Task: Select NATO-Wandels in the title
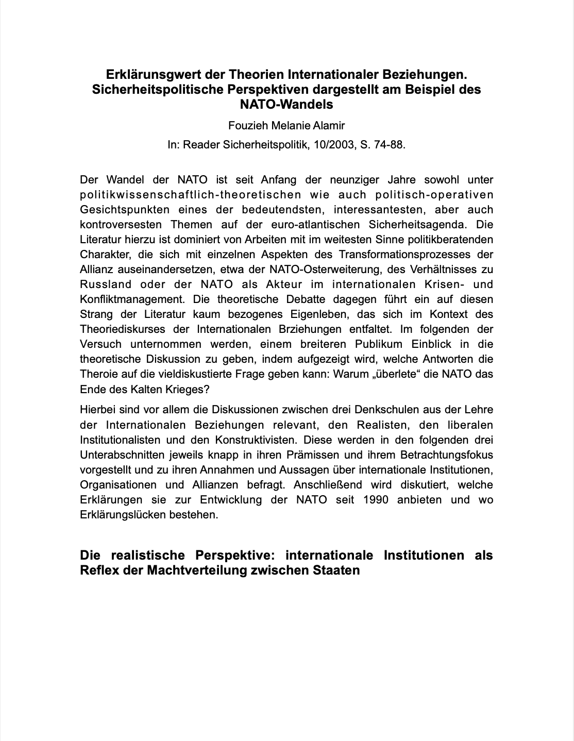(x=287, y=104)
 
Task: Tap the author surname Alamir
(x=329, y=125)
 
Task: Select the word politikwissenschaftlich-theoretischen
(x=191, y=195)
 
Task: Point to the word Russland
(x=106, y=284)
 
